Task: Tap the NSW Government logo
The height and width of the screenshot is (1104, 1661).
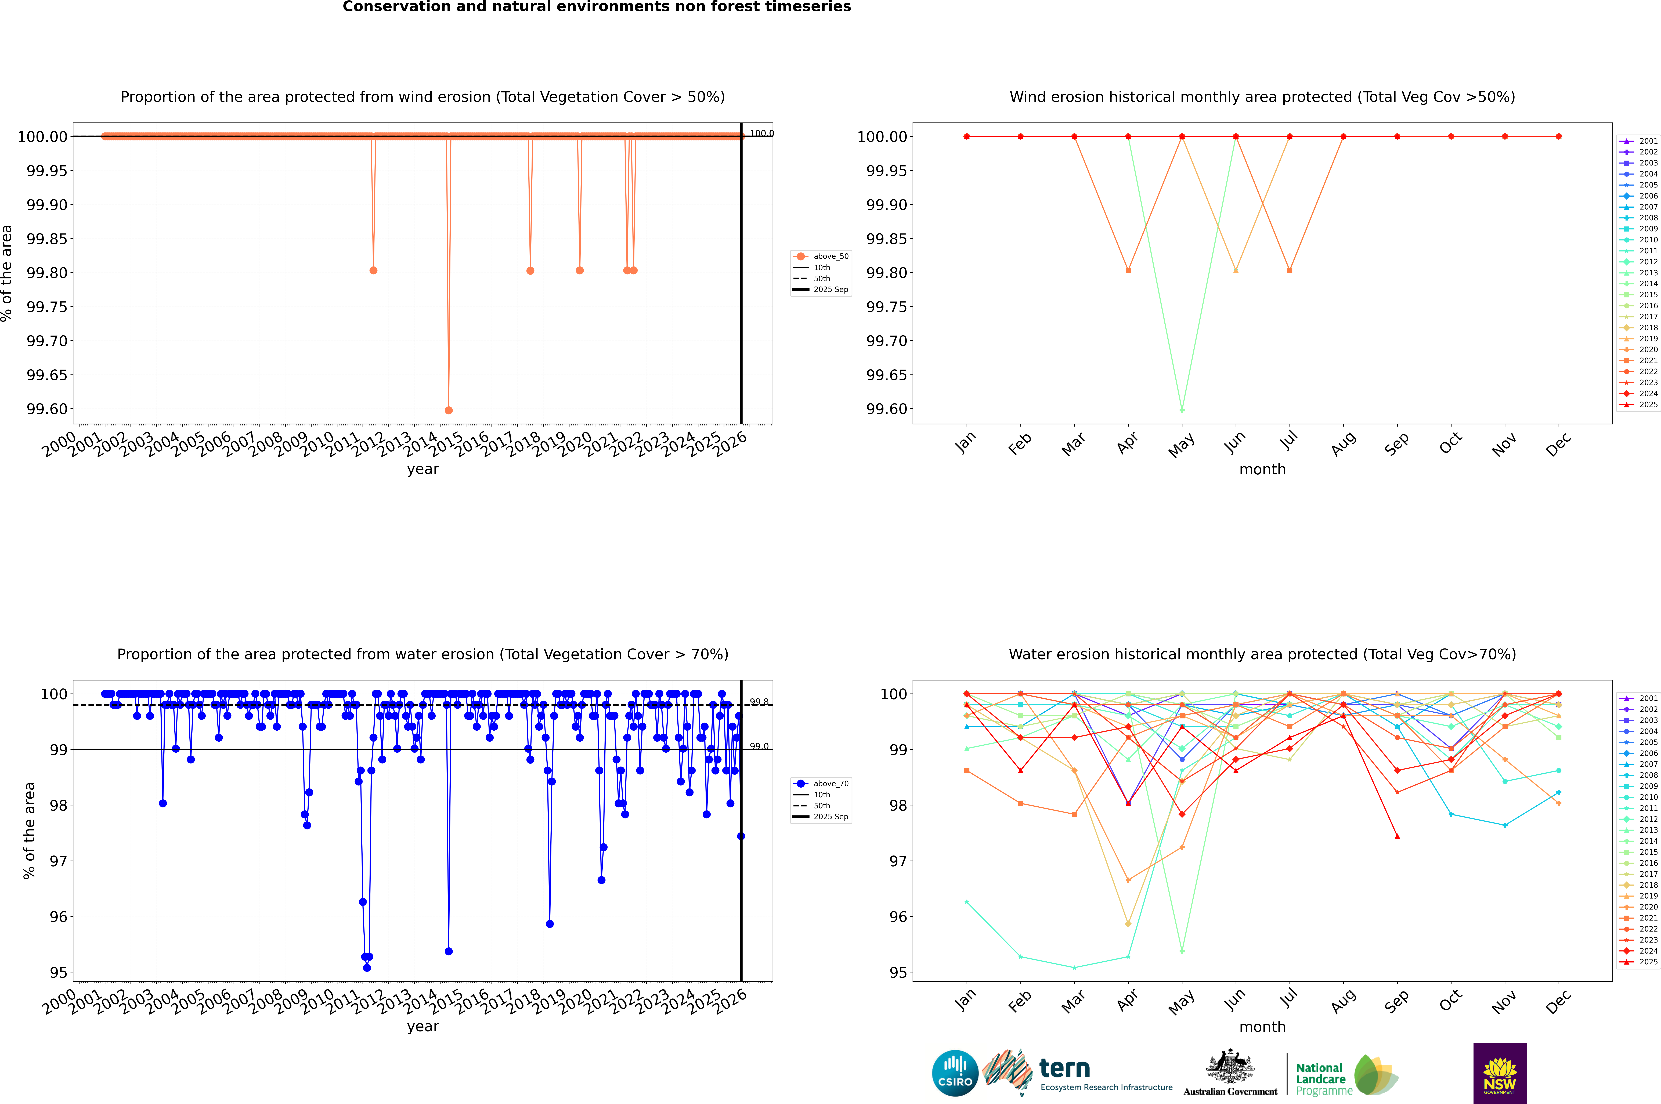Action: (1500, 1073)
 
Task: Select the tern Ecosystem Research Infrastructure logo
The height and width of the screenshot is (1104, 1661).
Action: (1077, 1073)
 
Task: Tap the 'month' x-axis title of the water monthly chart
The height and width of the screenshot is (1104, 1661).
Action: (1262, 1027)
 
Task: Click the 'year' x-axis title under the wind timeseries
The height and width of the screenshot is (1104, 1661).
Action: (423, 469)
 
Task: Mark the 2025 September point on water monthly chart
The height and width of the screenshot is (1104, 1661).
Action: (1397, 836)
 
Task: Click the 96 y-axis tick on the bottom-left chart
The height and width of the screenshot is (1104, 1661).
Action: (58, 917)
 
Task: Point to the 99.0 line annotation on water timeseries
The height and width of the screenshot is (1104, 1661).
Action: (759, 746)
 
